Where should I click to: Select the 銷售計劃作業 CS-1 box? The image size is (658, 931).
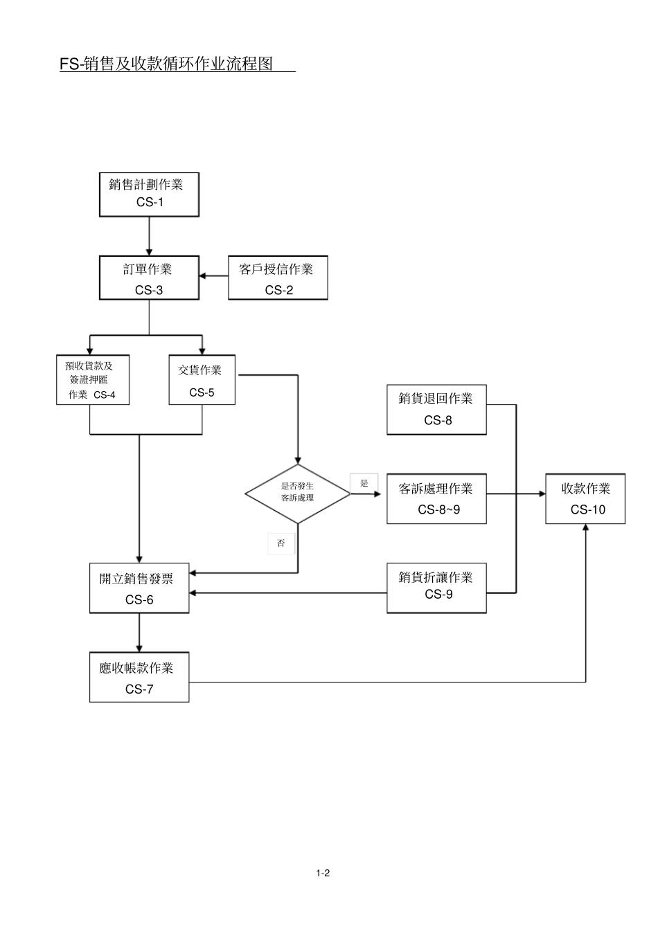[x=149, y=195]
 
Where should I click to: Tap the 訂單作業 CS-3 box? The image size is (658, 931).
[x=149, y=278]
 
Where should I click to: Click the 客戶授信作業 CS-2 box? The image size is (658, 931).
[x=278, y=278]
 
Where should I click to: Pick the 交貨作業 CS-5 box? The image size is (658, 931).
[x=202, y=380]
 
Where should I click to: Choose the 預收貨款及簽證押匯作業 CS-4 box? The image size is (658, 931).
[x=93, y=380]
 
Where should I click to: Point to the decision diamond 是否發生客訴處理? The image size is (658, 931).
[x=298, y=494]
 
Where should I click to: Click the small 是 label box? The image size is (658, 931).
[x=364, y=483]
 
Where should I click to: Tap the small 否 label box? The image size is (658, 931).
[x=281, y=543]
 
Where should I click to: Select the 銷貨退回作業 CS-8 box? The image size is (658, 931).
[x=436, y=410]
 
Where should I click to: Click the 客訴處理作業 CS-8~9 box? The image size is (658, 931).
[x=436, y=499]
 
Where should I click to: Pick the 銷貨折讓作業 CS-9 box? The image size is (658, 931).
[x=436, y=588]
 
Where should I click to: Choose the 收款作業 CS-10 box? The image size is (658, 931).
[x=585, y=499]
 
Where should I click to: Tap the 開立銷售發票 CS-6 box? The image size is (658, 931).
[x=139, y=588]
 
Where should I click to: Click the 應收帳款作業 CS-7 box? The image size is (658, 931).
[x=139, y=677]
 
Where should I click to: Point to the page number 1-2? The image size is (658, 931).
[x=323, y=873]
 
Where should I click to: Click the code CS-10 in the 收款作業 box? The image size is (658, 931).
[x=587, y=510]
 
